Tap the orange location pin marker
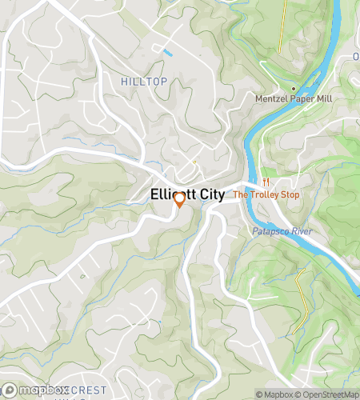pyautogui.click(x=179, y=200)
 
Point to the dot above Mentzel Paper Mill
pyautogui.click(x=294, y=88)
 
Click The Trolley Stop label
pyautogui.click(x=267, y=194)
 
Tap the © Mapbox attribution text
pyautogui.click(x=274, y=394)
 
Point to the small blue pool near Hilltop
pyautogui.click(x=166, y=54)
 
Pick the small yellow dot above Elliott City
pyautogui.click(x=194, y=162)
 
